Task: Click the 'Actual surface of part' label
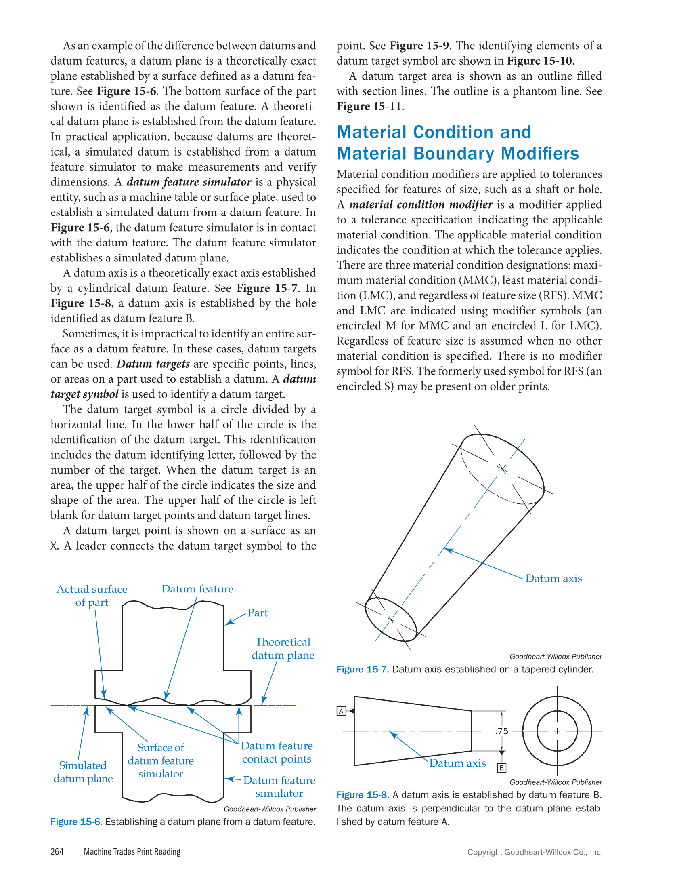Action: (92, 596)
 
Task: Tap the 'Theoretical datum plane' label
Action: (283, 649)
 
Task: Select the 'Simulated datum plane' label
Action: (83, 772)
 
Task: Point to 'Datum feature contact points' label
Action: (277, 752)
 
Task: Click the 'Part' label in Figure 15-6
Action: (258, 613)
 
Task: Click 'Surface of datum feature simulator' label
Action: (161, 760)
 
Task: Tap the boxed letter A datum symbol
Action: (341, 711)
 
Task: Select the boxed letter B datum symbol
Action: (502, 768)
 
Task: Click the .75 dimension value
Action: (502, 731)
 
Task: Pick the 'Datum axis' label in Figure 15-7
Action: (553, 579)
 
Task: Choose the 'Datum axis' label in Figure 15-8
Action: (457, 763)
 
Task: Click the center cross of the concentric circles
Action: (557, 731)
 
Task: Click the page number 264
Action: (57, 851)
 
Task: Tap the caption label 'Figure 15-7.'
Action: (362, 669)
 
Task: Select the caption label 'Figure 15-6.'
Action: (76, 822)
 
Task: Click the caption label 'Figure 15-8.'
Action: (362, 795)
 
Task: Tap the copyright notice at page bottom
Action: (535, 852)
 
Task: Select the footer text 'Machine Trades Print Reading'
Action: (132, 851)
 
